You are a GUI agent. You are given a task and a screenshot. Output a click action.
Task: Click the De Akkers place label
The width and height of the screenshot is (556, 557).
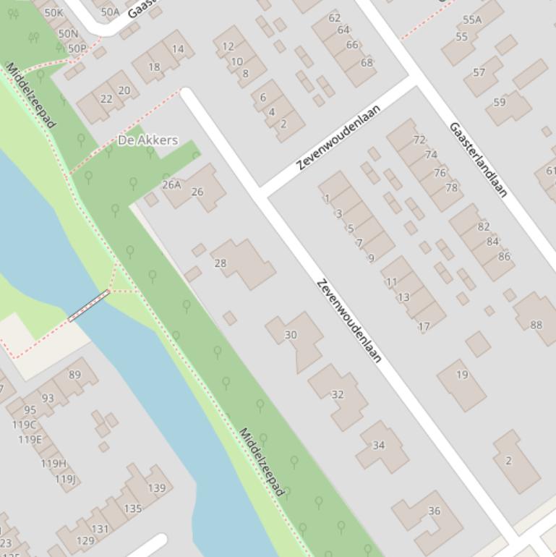147,140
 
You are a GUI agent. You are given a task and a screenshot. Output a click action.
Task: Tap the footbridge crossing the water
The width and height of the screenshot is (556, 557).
88,305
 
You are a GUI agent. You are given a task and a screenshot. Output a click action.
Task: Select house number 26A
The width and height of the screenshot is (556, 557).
171,185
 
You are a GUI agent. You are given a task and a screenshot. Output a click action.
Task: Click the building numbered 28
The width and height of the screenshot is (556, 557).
221,263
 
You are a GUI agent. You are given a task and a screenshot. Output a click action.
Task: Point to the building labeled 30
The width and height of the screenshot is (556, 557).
291,335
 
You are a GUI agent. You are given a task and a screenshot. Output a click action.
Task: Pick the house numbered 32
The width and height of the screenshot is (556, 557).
338,394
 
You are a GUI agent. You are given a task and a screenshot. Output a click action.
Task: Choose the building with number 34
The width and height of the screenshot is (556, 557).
379,445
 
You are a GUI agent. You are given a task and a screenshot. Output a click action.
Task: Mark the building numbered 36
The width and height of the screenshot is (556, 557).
434,511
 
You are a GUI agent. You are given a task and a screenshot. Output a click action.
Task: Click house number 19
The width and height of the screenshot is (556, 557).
462,375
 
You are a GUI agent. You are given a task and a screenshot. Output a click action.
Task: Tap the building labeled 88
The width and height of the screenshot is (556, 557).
536,325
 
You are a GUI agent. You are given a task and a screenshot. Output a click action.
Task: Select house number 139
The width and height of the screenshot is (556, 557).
156,488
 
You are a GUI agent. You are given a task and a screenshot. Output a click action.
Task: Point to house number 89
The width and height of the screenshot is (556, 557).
74,375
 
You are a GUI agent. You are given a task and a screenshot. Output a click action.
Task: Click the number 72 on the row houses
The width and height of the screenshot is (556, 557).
419,140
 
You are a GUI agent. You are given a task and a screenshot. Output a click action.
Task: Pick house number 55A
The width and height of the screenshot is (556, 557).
472,20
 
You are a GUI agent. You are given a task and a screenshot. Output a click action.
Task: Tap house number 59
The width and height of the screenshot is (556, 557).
500,103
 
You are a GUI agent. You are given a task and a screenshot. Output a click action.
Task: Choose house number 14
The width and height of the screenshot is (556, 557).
178,49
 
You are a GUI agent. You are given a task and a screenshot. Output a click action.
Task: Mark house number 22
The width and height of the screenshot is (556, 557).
106,99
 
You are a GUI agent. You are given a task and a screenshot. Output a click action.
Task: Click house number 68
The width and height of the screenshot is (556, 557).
367,62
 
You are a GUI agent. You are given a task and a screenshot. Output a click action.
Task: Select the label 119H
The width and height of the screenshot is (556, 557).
53,464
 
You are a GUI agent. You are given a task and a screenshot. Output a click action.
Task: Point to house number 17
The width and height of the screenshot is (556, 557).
424,326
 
